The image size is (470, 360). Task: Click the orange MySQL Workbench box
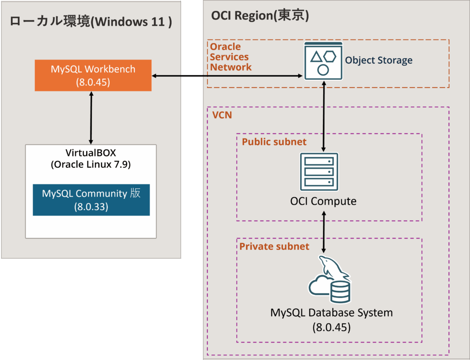93,76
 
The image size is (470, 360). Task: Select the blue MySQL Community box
91,200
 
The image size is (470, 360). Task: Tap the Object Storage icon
323,60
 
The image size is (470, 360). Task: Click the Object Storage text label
379,60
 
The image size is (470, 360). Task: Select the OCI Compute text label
323,201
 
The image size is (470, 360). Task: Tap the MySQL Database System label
331,313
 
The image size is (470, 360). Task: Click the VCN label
222,115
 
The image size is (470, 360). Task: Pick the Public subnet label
274,142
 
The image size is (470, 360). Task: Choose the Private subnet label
274,246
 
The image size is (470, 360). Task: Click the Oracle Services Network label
231,57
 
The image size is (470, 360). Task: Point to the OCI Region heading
260,16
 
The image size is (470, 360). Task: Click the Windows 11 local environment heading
91,22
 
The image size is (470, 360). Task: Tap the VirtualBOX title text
90,153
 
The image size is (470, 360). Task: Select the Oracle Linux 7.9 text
90,164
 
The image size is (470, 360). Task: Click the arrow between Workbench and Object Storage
227,76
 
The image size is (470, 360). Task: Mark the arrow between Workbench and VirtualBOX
91,117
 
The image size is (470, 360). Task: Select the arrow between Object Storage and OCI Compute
325,117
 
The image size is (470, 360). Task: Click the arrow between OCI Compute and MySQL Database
324,232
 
